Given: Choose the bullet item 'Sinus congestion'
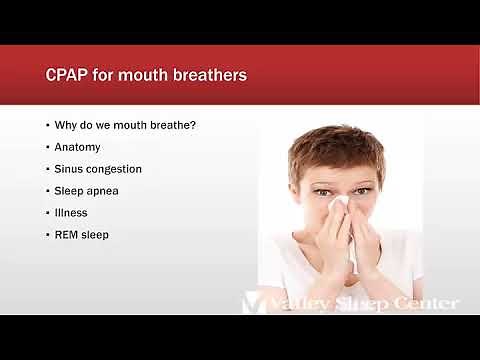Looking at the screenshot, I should click(99, 168).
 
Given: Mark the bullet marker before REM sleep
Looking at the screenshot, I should click(47, 234).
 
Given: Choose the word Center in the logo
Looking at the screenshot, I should click(426, 303).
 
